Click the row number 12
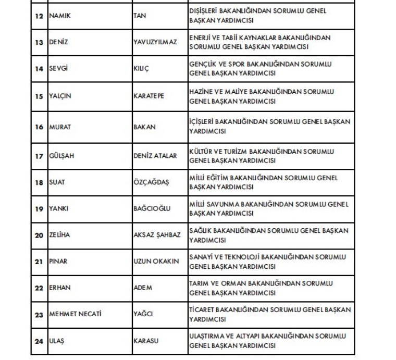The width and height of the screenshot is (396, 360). tap(39, 16)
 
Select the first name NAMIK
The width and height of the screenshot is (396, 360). tap(59, 16)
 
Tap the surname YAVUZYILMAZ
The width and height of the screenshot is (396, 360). tap(155, 43)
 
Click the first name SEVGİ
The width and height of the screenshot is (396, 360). tap(58, 69)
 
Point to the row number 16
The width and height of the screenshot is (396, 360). tap(39, 127)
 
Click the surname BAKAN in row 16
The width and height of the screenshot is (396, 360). tap(144, 127)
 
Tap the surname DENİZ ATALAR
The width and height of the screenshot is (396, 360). tap(155, 156)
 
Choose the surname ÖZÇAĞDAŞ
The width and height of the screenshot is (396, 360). tap(151, 183)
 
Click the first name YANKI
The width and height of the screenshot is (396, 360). tap(58, 209)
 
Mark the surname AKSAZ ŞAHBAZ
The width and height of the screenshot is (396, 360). tap(157, 235)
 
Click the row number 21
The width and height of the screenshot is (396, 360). tap(39, 262)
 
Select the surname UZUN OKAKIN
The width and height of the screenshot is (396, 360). tap(156, 262)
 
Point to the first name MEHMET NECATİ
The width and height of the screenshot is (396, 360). tap(75, 314)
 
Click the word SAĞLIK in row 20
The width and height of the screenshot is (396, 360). tap(201, 230)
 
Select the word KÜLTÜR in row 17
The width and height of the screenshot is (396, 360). tap(202, 151)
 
